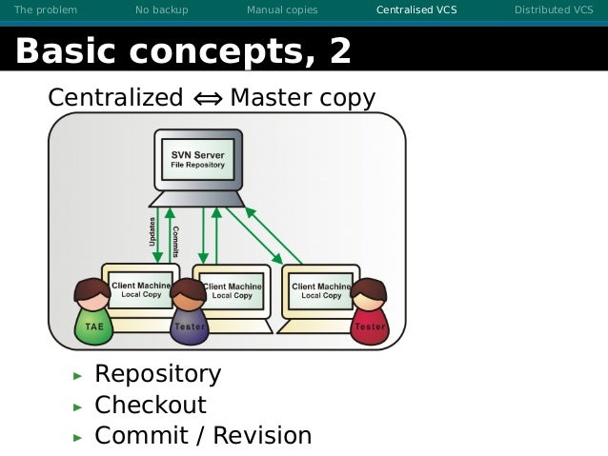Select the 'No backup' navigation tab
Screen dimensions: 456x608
162,10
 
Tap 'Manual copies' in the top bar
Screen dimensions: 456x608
282,10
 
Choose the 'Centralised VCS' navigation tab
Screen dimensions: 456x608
416,10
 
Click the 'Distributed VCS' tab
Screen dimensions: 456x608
554,10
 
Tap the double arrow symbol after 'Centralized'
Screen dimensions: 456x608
207,98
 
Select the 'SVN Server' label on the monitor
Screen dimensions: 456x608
197,154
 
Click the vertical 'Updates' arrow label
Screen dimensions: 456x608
153,232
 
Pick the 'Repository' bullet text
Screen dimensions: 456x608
157,374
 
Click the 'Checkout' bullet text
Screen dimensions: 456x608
150,405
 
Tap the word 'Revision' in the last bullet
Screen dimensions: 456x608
261,436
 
